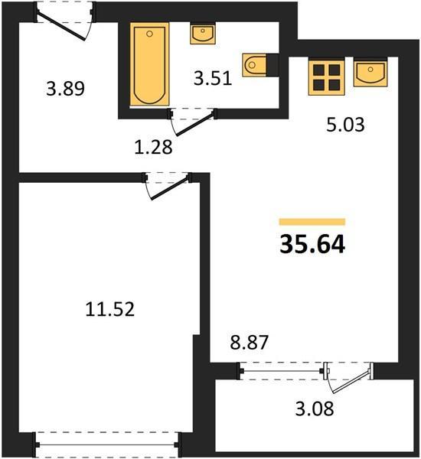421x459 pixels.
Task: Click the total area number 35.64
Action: (x=312, y=245)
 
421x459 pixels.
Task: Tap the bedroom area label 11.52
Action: (x=110, y=309)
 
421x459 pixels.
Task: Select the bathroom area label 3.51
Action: (x=213, y=78)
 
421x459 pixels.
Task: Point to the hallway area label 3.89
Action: (x=65, y=89)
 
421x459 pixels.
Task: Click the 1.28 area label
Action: (x=153, y=147)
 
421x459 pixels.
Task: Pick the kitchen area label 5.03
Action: (x=345, y=125)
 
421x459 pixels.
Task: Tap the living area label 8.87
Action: (x=249, y=343)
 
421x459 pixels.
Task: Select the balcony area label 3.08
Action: (x=315, y=409)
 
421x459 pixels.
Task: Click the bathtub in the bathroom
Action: (x=150, y=64)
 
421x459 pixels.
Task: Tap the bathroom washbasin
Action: (x=203, y=34)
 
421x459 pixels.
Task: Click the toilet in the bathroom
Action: (x=254, y=65)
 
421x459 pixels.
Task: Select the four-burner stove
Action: (x=326, y=77)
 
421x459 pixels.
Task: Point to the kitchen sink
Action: (x=370, y=73)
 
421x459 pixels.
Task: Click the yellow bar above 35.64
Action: (x=312, y=222)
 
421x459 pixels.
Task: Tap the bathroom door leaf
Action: (x=194, y=125)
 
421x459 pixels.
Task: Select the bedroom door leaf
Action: (x=169, y=189)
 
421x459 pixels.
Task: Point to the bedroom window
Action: (x=107, y=444)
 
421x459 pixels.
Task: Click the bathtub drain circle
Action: (x=149, y=34)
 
